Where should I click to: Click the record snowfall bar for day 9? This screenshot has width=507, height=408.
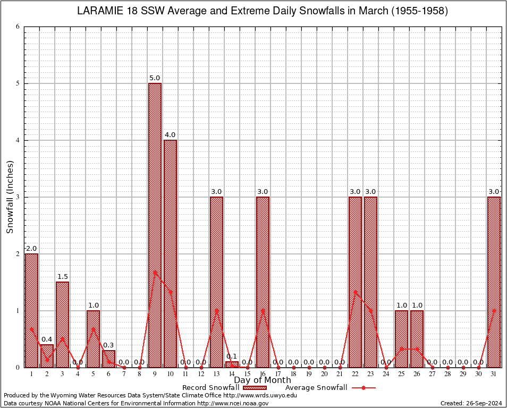coord(155,225)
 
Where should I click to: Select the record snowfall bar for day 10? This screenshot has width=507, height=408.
coord(170,253)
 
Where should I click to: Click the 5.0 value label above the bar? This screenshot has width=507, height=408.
coord(155,78)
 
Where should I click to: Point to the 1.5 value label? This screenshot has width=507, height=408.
coord(62,277)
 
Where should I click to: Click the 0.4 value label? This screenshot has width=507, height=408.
coord(47,339)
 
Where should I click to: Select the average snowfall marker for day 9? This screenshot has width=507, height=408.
coord(155,272)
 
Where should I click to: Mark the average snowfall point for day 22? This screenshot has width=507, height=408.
coord(355,291)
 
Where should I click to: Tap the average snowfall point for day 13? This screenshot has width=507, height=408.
coord(216,310)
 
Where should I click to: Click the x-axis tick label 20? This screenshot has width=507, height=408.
coord(324,375)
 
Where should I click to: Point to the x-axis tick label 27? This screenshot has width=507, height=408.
coord(432,375)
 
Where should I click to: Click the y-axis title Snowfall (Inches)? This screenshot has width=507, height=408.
coord(10,197)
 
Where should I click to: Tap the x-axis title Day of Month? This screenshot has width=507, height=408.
coord(262,380)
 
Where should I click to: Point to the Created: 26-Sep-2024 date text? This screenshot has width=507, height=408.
coord(471,403)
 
